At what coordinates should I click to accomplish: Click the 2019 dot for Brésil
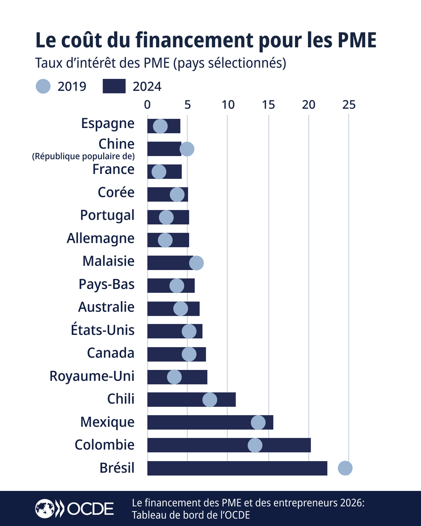345,468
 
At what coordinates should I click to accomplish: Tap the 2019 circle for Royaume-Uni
175,377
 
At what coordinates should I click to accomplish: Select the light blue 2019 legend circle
43,86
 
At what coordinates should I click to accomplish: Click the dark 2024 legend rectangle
114,86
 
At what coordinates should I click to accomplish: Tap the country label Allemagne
100,238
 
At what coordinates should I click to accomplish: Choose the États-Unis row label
103,330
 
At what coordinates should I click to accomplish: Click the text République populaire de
83,156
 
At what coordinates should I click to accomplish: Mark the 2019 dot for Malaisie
196,263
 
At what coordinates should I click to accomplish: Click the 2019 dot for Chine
187,149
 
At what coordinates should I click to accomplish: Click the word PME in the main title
355,41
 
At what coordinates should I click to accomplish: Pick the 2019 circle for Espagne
160,126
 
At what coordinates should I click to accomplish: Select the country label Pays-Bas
107,284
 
